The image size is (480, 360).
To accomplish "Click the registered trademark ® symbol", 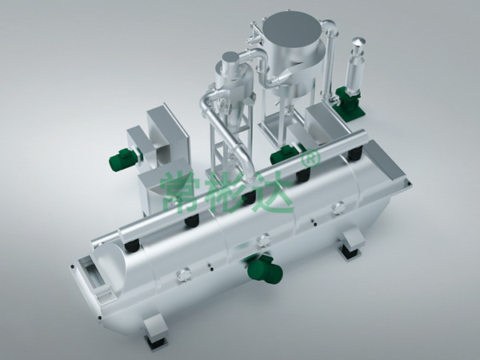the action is point(311,158).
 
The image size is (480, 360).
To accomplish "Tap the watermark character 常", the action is point(180,192).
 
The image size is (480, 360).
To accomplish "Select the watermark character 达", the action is point(273,192).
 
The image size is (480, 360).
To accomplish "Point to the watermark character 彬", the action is point(226,192).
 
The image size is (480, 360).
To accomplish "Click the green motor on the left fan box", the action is point(122,158).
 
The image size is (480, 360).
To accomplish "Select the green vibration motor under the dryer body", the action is point(265,270).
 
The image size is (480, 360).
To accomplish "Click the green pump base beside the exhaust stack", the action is point(349,100).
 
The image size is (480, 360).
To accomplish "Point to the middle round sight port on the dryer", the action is point(263,240).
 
